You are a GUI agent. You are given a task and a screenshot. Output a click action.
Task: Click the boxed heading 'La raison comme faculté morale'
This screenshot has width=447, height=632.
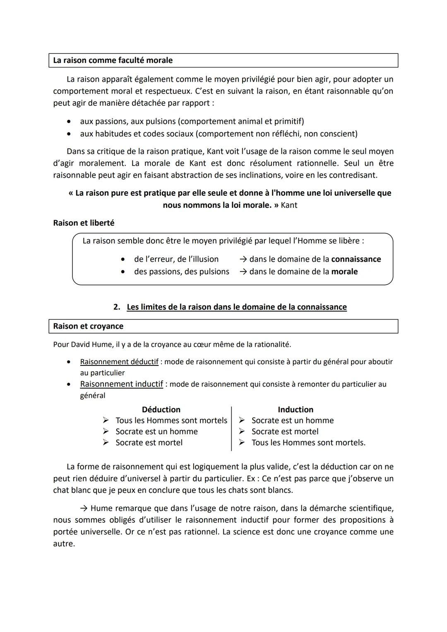[x=113, y=60]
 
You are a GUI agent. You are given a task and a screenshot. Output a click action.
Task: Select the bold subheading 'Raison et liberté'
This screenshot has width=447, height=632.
[x=84, y=223]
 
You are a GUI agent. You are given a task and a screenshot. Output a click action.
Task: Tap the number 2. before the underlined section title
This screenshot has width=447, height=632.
[x=117, y=307]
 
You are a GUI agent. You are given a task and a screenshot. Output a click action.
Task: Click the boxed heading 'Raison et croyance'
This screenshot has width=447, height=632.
[x=88, y=326]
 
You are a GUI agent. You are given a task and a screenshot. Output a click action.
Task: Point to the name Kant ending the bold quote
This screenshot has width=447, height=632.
[x=289, y=205]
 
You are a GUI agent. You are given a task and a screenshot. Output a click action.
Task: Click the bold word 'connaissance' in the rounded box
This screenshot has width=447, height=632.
[x=356, y=260]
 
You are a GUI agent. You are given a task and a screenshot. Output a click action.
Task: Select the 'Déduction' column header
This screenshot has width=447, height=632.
[x=161, y=410]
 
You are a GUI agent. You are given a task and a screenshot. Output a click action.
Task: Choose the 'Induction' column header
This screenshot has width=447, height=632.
[x=296, y=410]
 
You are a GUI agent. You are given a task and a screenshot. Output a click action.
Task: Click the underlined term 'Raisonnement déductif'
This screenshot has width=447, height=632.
[x=119, y=362]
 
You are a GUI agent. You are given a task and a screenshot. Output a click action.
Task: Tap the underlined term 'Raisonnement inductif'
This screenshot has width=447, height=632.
[x=121, y=384]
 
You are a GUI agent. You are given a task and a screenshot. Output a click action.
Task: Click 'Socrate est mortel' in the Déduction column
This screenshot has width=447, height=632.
[x=149, y=443]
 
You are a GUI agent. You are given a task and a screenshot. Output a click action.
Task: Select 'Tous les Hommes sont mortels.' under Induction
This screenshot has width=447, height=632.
[x=308, y=443]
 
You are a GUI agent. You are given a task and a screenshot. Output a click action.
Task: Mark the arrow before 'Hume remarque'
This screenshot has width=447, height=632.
[x=84, y=508]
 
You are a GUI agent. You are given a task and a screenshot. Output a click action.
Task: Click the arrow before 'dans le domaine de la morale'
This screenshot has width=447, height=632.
[x=243, y=272]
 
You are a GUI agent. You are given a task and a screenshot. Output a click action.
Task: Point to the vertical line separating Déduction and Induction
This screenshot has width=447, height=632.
[x=231, y=428]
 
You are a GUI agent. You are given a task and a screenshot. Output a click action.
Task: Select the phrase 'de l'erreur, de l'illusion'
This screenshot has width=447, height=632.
[x=176, y=260]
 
